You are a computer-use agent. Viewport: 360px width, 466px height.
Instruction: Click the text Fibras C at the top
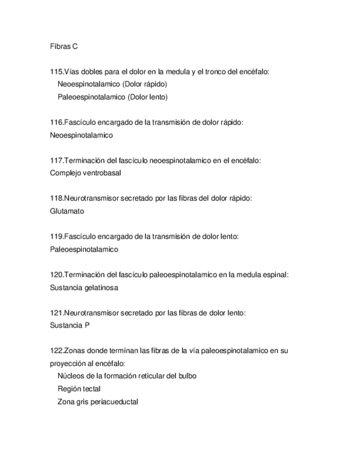(x=63, y=47)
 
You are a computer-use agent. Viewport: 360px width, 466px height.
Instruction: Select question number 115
(x=56, y=72)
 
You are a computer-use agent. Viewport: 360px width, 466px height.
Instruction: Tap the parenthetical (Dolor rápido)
(x=145, y=85)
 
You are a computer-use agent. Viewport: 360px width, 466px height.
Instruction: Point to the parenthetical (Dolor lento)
(x=147, y=97)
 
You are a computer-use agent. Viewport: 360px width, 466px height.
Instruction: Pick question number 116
(x=56, y=123)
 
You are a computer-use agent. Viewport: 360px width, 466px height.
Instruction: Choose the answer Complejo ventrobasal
(x=85, y=173)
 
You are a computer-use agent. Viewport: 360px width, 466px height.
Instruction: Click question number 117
(x=56, y=160)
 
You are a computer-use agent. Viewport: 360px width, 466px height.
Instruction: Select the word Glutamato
(x=67, y=211)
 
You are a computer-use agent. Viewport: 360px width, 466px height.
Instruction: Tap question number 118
(x=56, y=198)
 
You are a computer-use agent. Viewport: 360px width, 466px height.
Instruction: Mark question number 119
(x=56, y=236)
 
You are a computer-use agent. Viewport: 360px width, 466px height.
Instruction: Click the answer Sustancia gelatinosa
(x=84, y=287)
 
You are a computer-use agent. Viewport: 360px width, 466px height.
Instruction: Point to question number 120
(x=56, y=275)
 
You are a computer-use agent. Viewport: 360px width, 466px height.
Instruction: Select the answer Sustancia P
(x=69, y=325)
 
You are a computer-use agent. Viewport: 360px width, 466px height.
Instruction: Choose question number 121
(x=56, y=313)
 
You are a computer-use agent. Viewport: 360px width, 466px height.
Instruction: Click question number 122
(x=56, y=351)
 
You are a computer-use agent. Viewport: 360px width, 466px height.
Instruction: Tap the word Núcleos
(x=70, y=376)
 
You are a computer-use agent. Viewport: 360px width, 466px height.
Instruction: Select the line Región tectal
(x=79, y=389)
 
